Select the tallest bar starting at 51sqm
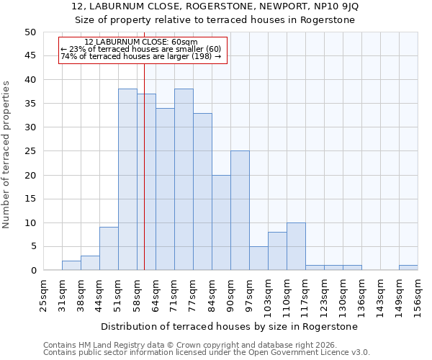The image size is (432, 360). point(127,180)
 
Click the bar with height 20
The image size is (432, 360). point(221,222)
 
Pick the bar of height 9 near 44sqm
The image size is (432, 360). point(109,249)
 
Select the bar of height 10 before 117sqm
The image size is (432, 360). point(296,246)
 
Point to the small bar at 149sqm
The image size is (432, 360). point(408,268)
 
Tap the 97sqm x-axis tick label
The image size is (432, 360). point(249,294)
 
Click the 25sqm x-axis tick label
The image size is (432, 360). point(43,294)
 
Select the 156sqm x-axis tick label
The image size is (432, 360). point(418,294)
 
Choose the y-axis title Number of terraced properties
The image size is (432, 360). point(7,155)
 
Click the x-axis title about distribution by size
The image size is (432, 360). point(229,326)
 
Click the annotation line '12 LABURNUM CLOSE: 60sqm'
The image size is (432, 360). point(141,42)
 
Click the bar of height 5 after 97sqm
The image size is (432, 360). point(258,258)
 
